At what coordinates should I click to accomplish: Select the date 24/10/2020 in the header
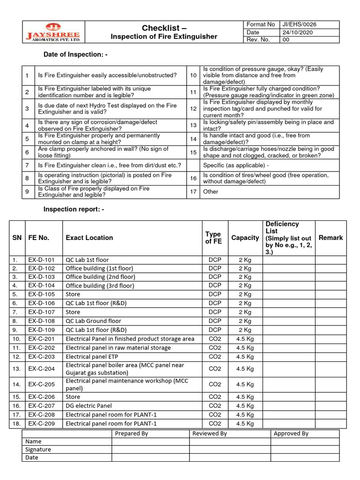[x=297, y=32]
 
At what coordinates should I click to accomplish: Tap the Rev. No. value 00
[x=285, y=40]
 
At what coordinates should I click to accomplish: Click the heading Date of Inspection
[x=75, y=55]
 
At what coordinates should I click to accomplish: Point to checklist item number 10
[x=193, y=75]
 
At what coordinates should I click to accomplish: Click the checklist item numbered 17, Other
[x=210, y=191]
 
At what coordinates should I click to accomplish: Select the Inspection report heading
[x=74, y=209]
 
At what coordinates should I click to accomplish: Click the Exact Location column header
[x=89, y=238]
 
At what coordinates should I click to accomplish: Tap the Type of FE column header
[x=213, y=238]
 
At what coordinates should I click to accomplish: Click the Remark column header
[x=330, y=238]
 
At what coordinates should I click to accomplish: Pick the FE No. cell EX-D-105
[x=41, y=294]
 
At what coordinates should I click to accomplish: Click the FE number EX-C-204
[x=41, y=369]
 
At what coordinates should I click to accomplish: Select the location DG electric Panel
[x=89, y=405]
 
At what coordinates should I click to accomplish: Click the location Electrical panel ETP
[x=92, y=356]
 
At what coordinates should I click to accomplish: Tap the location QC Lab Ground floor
[x=93, y=321]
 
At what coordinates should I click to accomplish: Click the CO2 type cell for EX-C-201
[x=215, y=339]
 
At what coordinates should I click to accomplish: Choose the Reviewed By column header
[x=210, y=434]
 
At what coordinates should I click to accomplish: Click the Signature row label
[x=38, y=450]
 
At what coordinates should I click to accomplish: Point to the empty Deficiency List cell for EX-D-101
[x=288, y=260]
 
